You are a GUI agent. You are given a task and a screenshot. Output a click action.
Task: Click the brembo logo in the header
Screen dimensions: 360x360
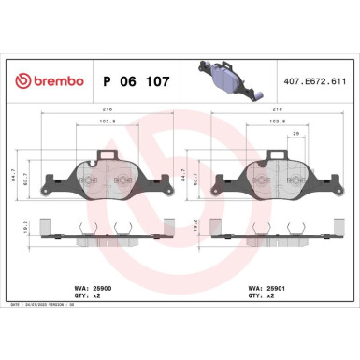pos(46,81)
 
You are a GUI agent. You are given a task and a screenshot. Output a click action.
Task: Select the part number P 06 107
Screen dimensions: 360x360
pos(135,81)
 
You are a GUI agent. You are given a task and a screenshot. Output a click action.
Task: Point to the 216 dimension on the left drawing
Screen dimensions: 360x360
pos(96,108)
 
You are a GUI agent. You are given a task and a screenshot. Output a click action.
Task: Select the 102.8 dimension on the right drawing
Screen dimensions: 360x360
pos(277,120)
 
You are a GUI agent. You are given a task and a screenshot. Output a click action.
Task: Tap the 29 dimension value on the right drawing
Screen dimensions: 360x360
pos(296,134)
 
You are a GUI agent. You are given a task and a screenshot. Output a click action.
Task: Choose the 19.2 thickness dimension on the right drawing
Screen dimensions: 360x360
pos(207,226)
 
